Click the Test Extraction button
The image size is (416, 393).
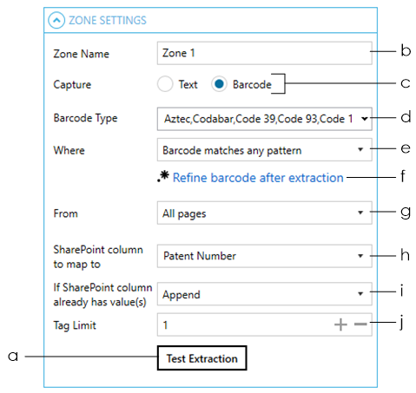(x=201, y=357)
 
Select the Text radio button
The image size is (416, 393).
(x=165, y=84)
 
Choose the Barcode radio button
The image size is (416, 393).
(x=219, y=84)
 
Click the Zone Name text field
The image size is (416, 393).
(x=264, y=53)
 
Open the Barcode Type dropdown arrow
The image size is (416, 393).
(x=365, y=119)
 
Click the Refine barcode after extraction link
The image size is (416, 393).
(x=258, y=178)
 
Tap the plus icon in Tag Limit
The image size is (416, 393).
(x=340, y=324)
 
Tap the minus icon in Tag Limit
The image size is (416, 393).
(x=360, y=324)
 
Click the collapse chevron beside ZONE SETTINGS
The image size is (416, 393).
(x=56, y=20)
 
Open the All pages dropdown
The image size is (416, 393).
(x=264, y=213)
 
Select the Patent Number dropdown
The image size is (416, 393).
(x=264, y=256)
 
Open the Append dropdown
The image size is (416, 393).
(x=264, y=294)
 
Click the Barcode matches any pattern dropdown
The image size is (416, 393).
(x=264, y=150)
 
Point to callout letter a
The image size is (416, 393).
(x=13, y=357)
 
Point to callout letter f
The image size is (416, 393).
(x=403, y=176)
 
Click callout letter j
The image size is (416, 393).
(x=401, y=323)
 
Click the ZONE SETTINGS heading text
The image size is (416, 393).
(x=108, y=20)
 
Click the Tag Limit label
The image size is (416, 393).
(x=75, y=325)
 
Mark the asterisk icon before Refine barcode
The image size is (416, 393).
(x=163, y=176)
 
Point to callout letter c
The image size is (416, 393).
(x=406, y=83)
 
